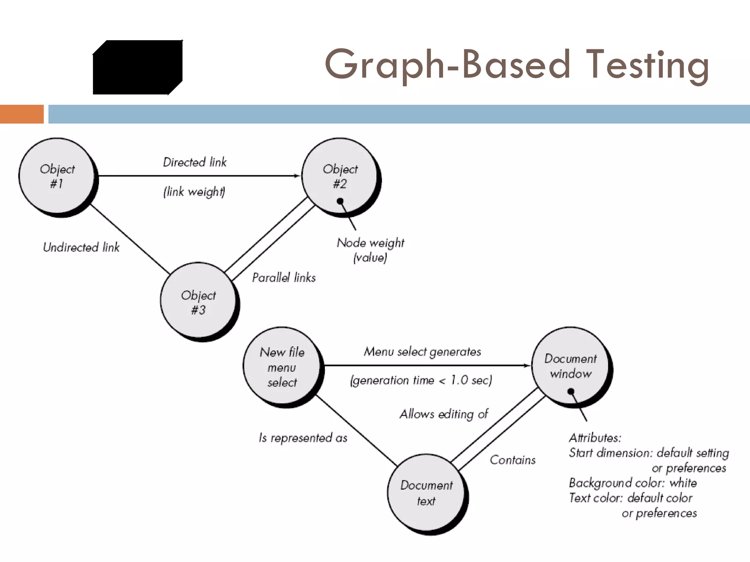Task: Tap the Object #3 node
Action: pos(198,301)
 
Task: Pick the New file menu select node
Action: pos(282,367)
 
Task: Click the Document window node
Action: pos(571,366)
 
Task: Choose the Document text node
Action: pos(426,493)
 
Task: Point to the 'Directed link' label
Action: pos(195,162)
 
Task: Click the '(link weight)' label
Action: pos(194,191)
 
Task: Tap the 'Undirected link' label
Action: pos(81,247)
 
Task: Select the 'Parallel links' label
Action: pos(284,277)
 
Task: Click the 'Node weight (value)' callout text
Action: pos(370,250)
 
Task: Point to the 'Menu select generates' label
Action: pos(422,352)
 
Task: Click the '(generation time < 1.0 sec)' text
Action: pos(421,381)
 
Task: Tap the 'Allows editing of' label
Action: pos(444,414)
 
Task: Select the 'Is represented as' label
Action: pos(303,438)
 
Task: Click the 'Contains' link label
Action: pos(513,460)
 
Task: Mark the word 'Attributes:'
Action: pos(595,438)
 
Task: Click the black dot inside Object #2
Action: pos(340,201)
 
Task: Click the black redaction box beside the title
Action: pos(138,67)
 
